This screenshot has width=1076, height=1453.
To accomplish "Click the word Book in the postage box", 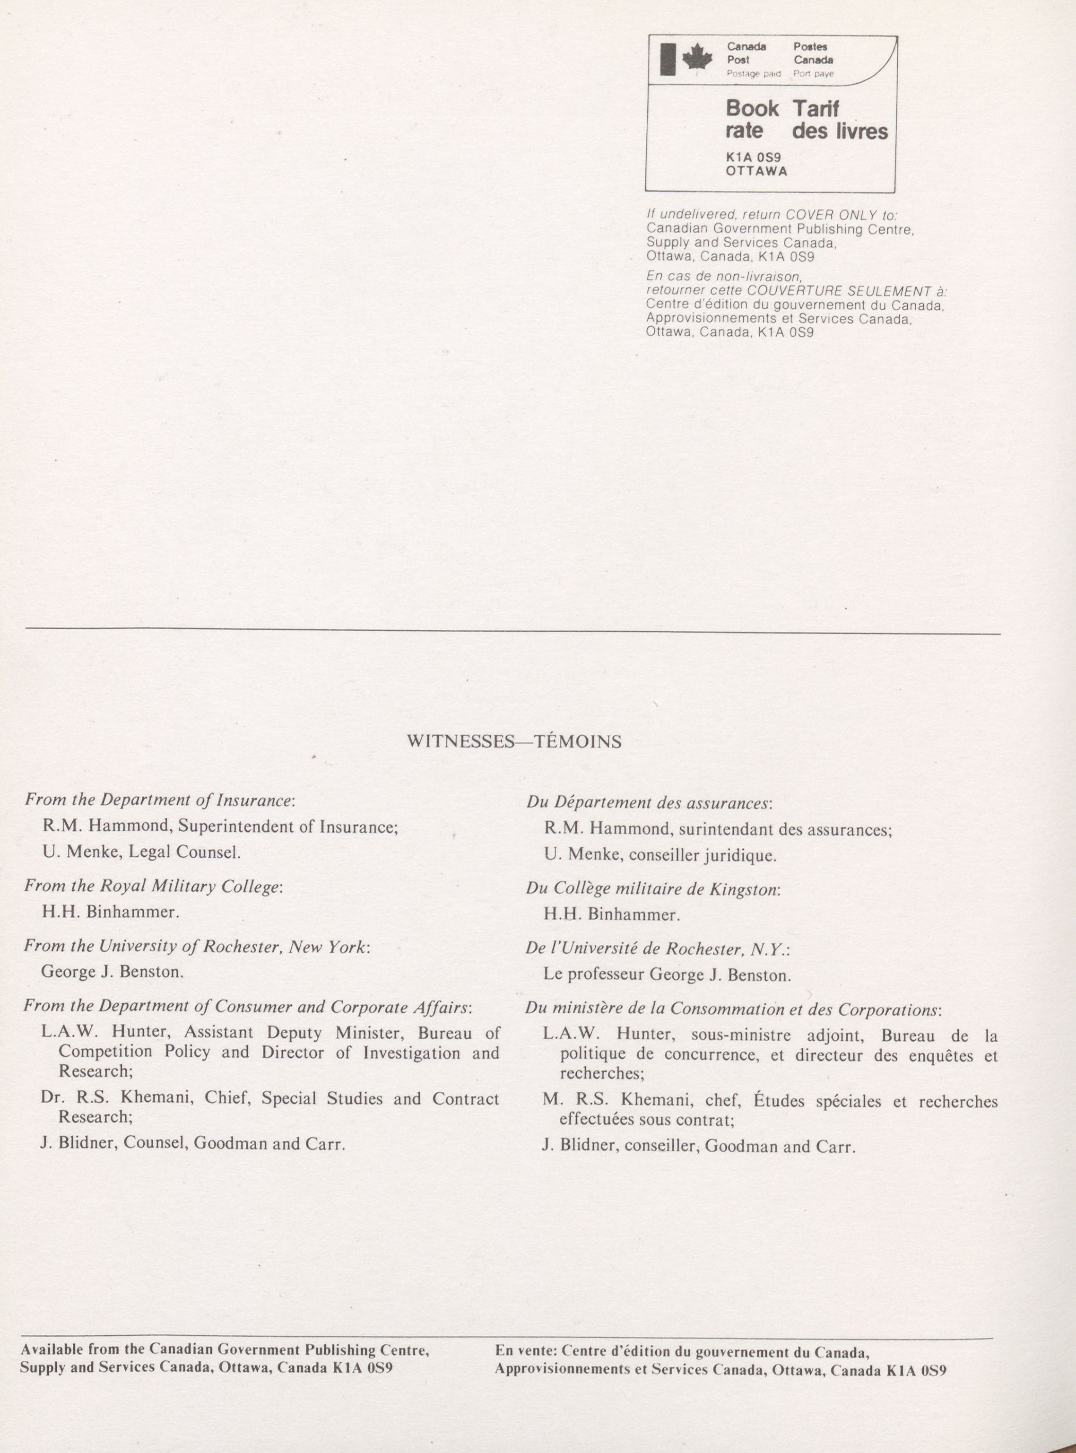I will [752, 108].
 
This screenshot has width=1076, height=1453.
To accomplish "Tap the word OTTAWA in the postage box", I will [756, 171].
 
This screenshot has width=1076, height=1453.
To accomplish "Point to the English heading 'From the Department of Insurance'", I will [160, 800].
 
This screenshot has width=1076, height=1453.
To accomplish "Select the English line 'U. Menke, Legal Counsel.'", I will [141, 852].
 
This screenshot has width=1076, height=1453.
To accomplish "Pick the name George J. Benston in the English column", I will [112, 972].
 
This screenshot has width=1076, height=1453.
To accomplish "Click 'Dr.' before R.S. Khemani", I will [50, 1099].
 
